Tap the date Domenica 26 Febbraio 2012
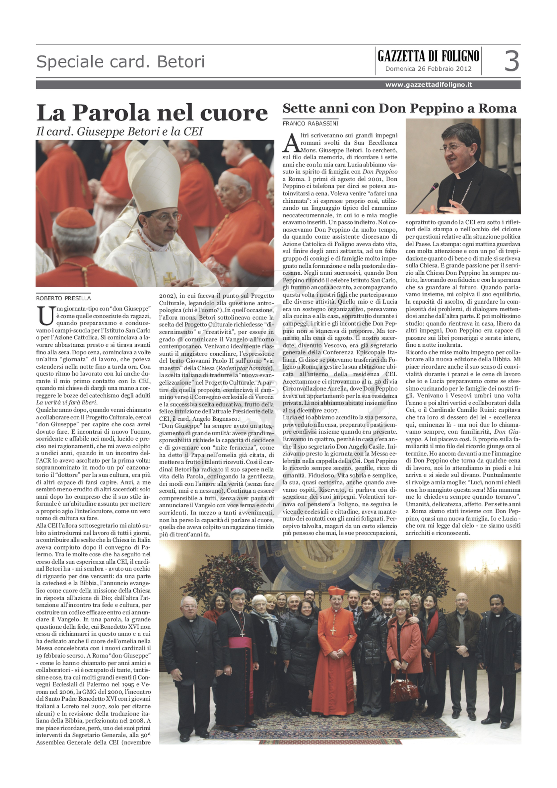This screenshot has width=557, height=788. (x=428, y=69)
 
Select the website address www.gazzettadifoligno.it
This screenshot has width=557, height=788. (x=428, y=85)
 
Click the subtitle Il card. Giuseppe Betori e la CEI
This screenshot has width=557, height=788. (x=119, y=132)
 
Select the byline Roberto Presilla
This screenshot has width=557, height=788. (x=63, y=298)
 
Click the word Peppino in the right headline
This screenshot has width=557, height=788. (x=432, y=109)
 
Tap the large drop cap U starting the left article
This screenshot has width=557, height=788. (x=46, y=316)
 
